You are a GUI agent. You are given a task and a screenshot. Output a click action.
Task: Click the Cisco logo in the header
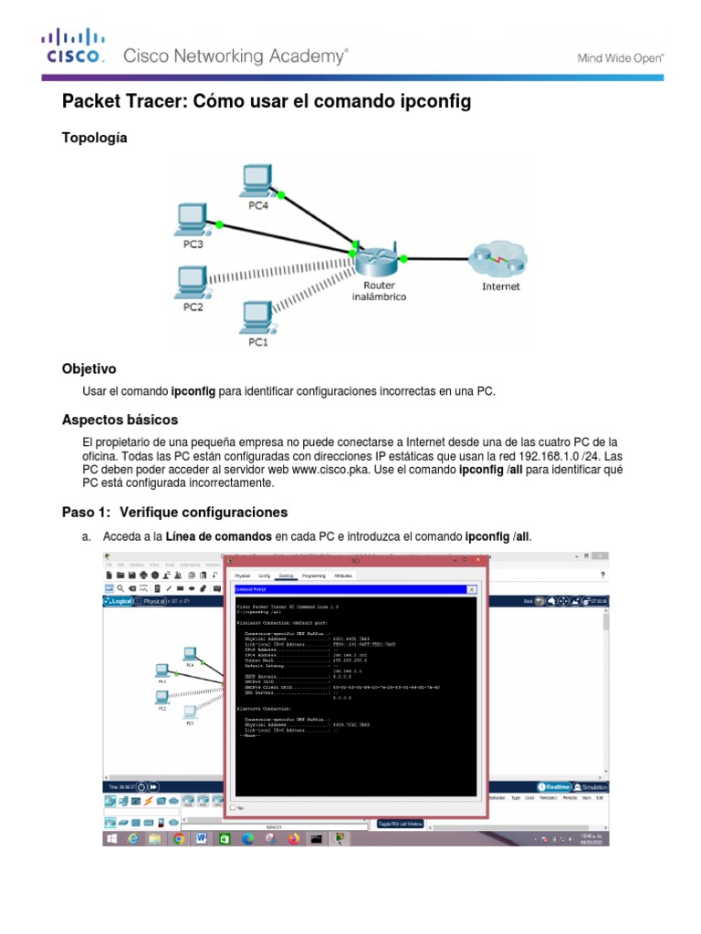75,47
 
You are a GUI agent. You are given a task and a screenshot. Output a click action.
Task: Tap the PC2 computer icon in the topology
191,281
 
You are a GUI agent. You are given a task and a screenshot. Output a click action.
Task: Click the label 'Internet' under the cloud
500,286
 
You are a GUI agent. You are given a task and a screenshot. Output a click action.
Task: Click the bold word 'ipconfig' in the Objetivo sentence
194,391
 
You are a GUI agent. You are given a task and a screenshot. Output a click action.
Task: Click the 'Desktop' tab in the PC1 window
286,576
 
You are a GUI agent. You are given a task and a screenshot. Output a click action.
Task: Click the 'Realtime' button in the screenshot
555,786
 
